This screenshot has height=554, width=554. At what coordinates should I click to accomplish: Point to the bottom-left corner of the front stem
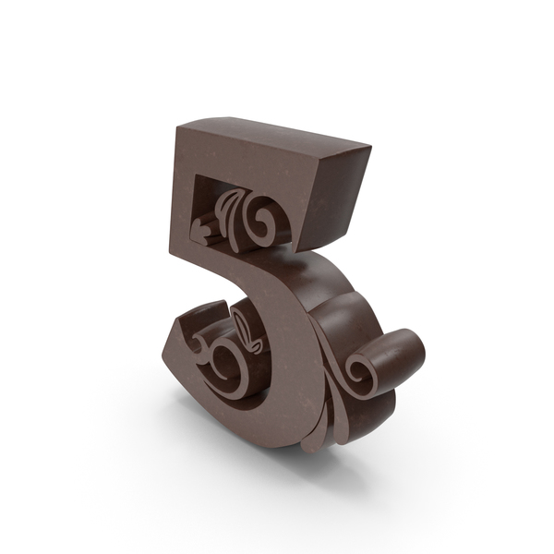pos(175,250)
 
